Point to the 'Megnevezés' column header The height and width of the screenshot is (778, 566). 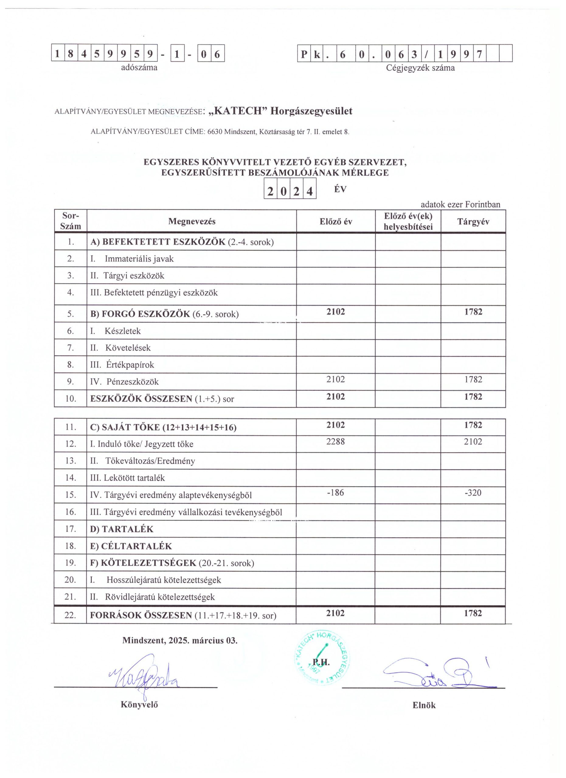click(192, 222)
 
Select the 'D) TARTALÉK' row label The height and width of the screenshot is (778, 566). click(122, 529)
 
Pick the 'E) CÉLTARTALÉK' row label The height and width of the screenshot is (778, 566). click(131, 546)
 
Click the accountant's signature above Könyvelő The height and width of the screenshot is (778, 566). click(144, 674)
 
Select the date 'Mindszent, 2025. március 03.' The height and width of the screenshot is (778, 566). click(180, 640)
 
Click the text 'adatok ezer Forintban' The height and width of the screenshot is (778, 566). click(460, 205)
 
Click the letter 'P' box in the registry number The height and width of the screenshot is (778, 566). click(304, 53)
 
